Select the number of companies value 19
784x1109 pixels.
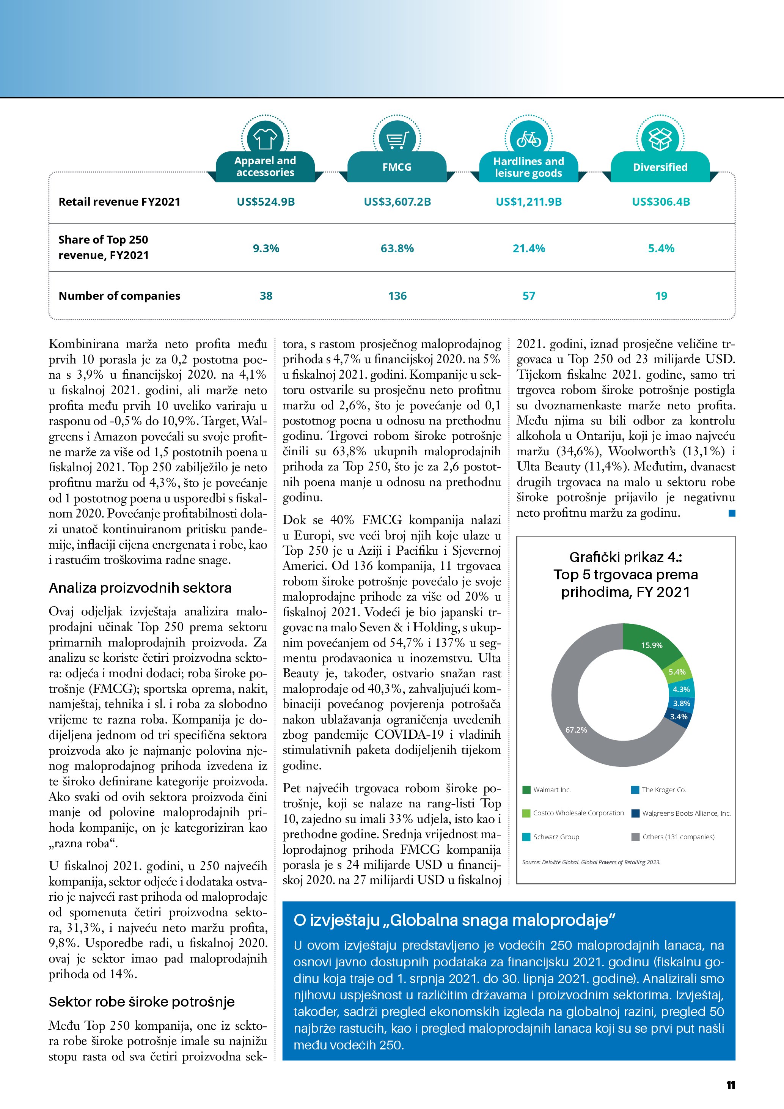click(661, 296)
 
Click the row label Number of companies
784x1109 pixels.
click(119, 296)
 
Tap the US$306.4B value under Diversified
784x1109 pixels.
click(661, 202)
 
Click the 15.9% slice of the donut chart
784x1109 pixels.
click(651, 645)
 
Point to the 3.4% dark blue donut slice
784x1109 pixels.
click(678, 717)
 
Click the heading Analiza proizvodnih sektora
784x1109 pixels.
click(140, 588)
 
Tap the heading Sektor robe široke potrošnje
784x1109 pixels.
click(141, 1002)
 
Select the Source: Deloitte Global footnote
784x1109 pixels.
click(591, 862)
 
